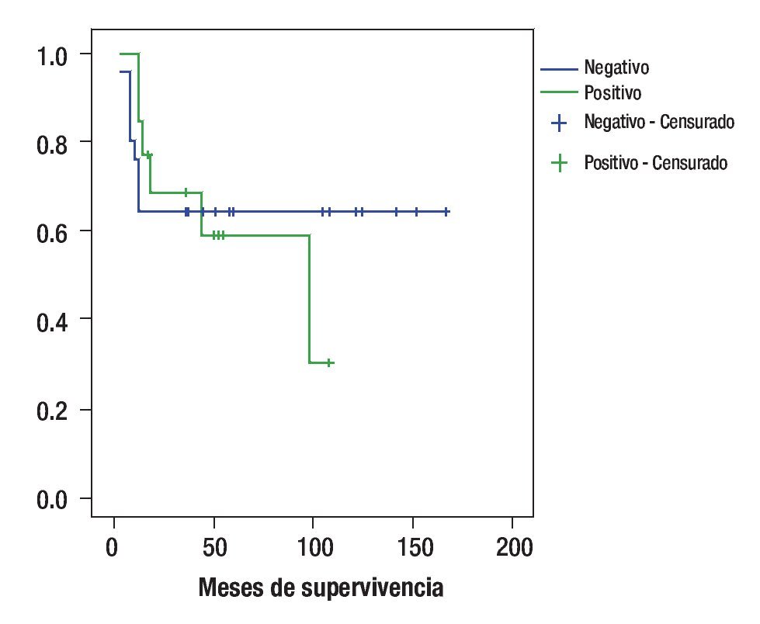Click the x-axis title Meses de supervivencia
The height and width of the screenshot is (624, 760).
click(x=321, y=588)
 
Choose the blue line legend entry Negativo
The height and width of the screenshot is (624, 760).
click(x=616, y=68)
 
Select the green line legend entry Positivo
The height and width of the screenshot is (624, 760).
click(x=613, y=92)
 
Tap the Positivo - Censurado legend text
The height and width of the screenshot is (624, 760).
click(x=655, y=164)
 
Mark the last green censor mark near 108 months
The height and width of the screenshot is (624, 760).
click(x=329, y=362)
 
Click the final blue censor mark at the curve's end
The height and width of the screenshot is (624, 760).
click(x=446, y=211)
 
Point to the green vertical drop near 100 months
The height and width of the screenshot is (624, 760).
click(x=310, y=299)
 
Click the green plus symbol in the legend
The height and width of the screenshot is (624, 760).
click(x=558, y=163)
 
